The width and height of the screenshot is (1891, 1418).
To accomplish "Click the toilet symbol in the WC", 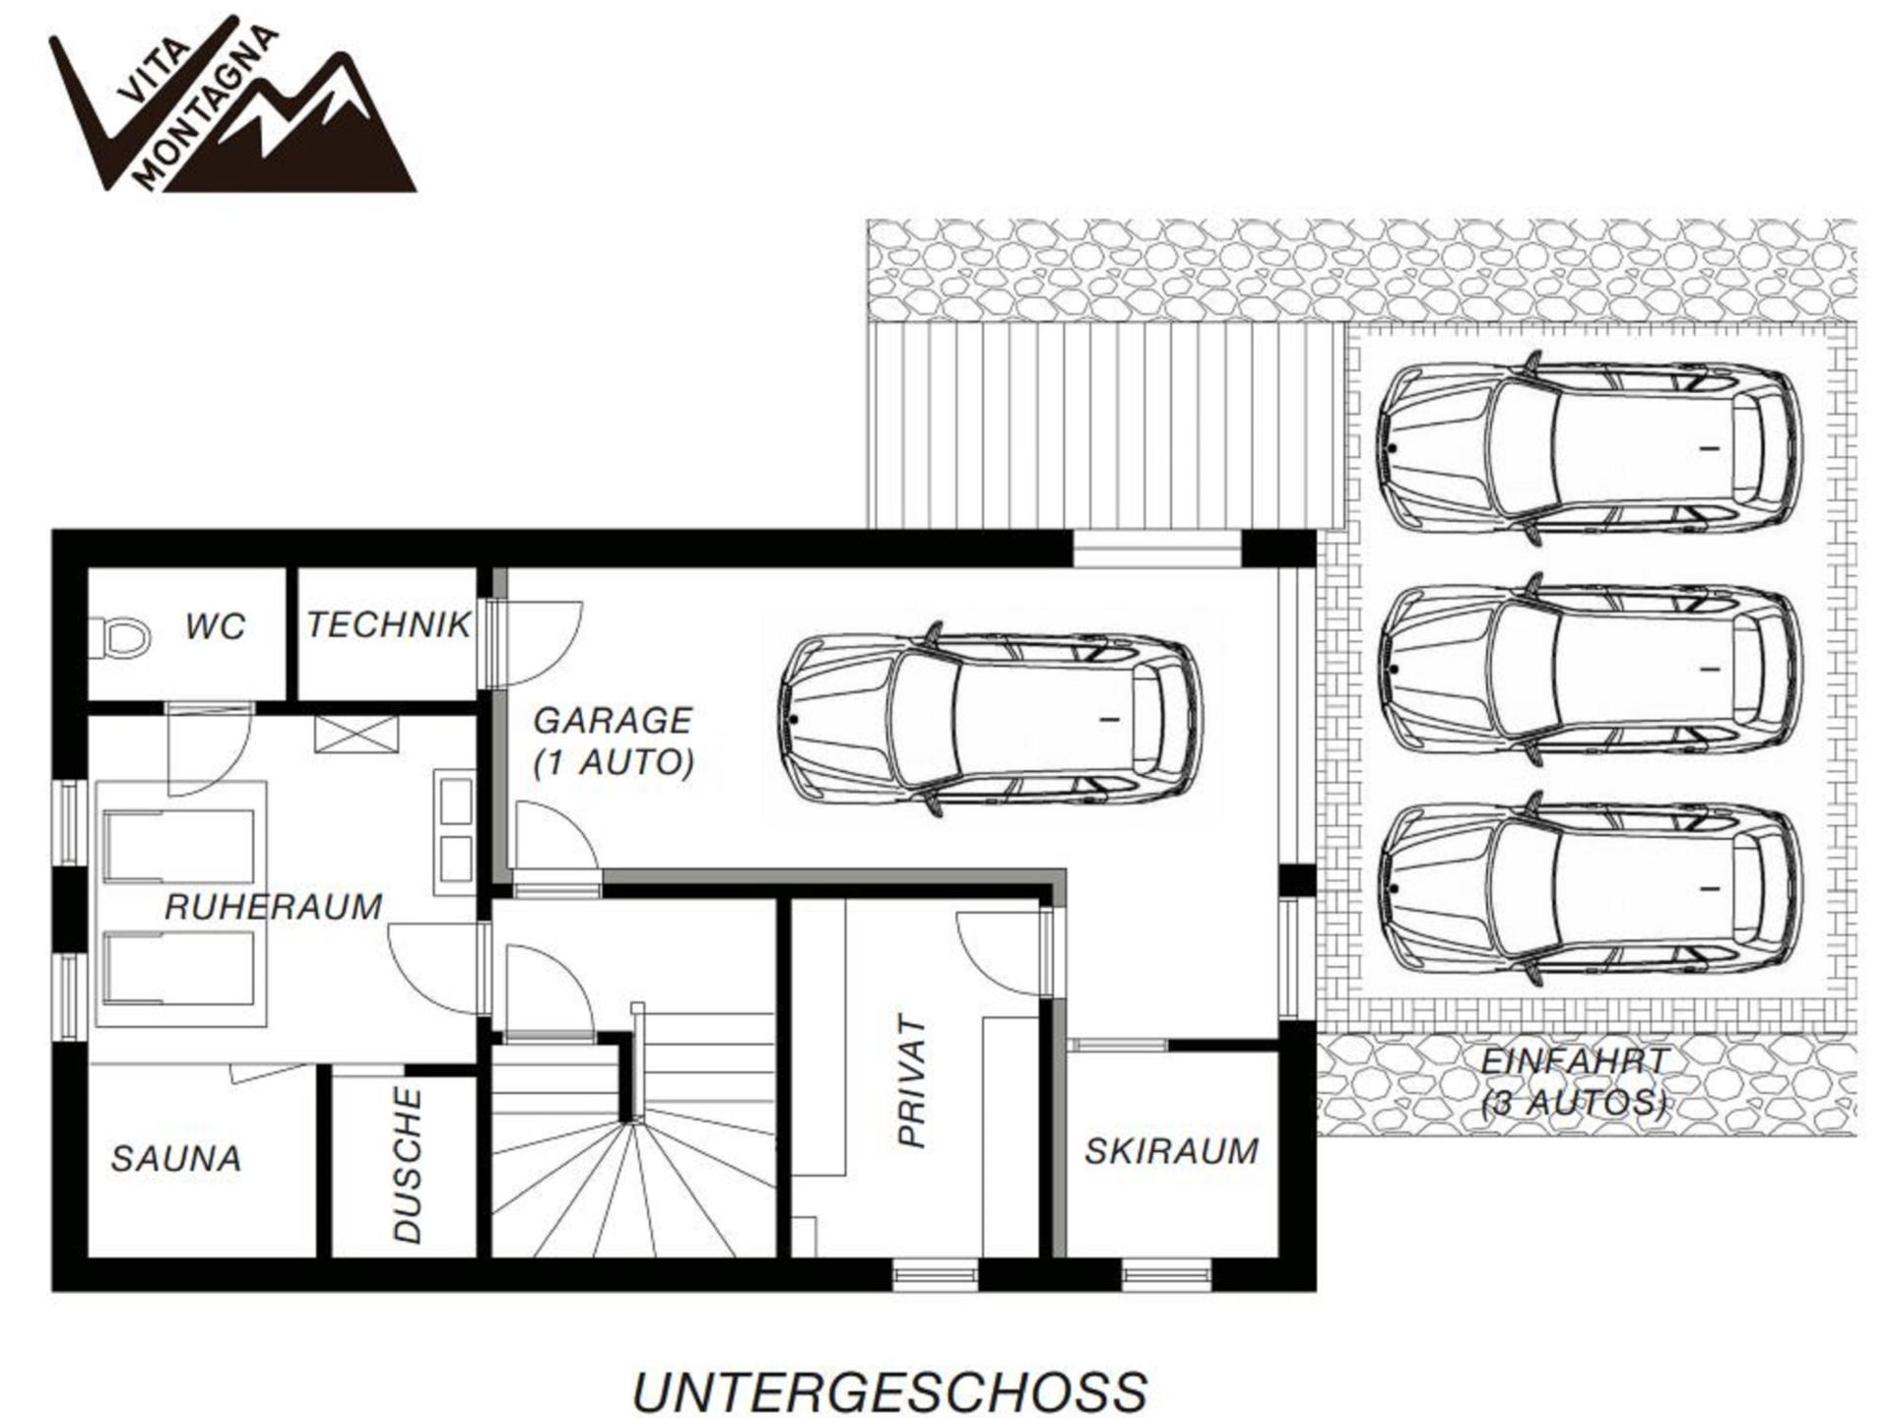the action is [x=119, y=637].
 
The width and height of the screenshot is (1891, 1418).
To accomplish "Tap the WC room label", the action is [x=216, y=626].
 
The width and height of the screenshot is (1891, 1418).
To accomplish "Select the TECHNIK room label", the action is [x=389, y=624].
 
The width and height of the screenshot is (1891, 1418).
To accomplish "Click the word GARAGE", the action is [x=613, y=721].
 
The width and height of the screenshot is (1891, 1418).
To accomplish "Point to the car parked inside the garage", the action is [x=990, y=719].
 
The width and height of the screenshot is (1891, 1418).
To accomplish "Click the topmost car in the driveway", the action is [x=1590, y=448].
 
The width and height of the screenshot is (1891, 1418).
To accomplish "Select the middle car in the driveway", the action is [x=1590, y=670].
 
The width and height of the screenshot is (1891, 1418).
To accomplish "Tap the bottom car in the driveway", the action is [x=1590, y=889].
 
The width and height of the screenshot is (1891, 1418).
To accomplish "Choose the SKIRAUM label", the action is [x=1172, y=1150].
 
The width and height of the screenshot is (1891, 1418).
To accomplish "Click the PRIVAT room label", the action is [x=913, y=1081].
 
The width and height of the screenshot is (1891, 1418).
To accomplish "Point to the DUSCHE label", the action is [x=407, y=1165].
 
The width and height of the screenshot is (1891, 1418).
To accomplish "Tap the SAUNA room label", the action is [x=176, y=1158].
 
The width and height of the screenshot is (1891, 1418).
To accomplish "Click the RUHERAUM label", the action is [x=274, y=907].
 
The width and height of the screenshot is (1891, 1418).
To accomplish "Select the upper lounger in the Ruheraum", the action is [x=179, y=847].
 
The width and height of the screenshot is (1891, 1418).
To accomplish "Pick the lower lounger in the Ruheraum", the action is [x=179, y=968].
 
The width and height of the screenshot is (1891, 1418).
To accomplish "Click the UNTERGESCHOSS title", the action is [x=889, y=1391].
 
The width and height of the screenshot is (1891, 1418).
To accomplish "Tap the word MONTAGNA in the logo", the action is [x=205, y=106].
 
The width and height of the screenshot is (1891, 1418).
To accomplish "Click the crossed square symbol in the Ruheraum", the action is [x=357, y=735].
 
